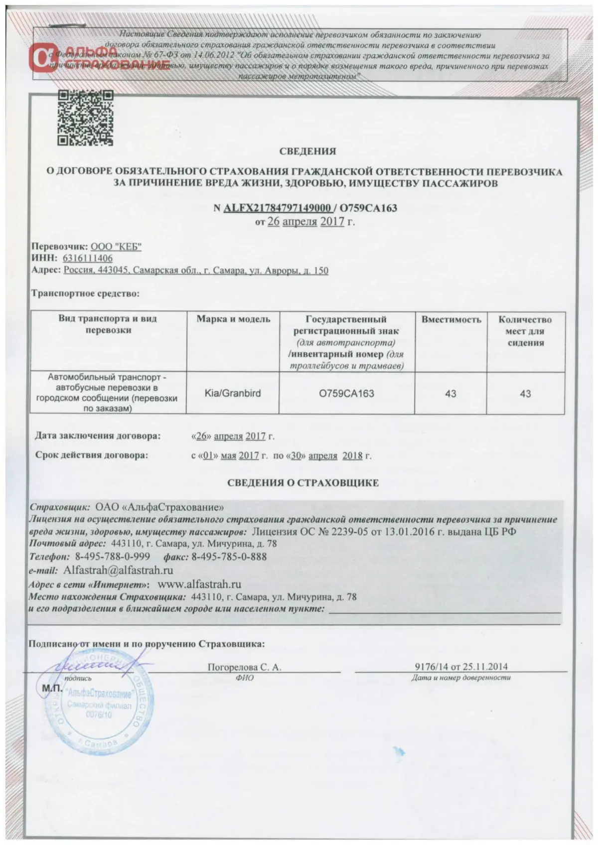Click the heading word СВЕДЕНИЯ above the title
click(307, 151)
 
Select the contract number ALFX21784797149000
click(277, 208)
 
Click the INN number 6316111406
click(87, 259)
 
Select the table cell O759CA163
click(346, 393)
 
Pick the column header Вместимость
click(451, 319)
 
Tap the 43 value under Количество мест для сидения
click(525, 394)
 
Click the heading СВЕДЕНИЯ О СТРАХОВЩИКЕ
click(303, 483)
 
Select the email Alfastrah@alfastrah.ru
click(118, 570)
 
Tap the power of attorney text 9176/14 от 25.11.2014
click(461, 667)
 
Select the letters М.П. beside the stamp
click(50, 688)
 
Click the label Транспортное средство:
click(85, 293)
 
